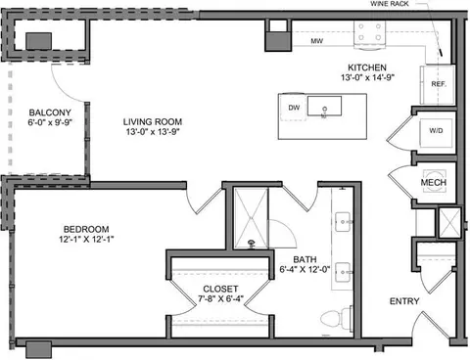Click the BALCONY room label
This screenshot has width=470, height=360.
pyautogui.click(x=50, y=112)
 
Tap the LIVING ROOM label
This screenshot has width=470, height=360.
pyautogui.click(x=153, y=122)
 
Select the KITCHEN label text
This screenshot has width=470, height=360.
pyautogui.click(x=367, y=67)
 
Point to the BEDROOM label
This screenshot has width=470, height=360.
pyautogui.click(x=86, y=229)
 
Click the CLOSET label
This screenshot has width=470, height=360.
pyautogui.click(x=220, y=289)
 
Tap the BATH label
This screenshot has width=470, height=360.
pyautogui.click(x=305, y=259)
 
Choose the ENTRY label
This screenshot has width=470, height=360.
pyautogui.click(x=404, y=301)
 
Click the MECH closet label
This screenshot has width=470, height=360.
pyautogui.click(x=434, y=183)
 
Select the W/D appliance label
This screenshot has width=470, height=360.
pyautogui.click(x=436, y=131)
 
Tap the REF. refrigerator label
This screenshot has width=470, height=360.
pyautogui.click(x=439, y=84)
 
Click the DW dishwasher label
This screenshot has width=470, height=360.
pyautogui.click(x=294, y=108)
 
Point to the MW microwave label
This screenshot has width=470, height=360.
pyautogui.click(x=317, y=41)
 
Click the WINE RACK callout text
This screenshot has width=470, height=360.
pyautogui.click(x=390, y=4)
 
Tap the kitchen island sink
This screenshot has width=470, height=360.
pyautogui.click(x=324, y=106)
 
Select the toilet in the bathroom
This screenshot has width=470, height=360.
pyautogui.click(x=336, y=318)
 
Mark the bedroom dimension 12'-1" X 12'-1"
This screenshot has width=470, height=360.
pyautogui.click(x=86, y=239)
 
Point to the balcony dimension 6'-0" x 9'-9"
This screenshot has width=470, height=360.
pyautogui.click(x=50, y=122)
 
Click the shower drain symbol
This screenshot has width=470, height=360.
pyautogui.click(x=252, y=243)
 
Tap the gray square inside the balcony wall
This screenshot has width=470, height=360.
pyautogui.click(x=38, y=41)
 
